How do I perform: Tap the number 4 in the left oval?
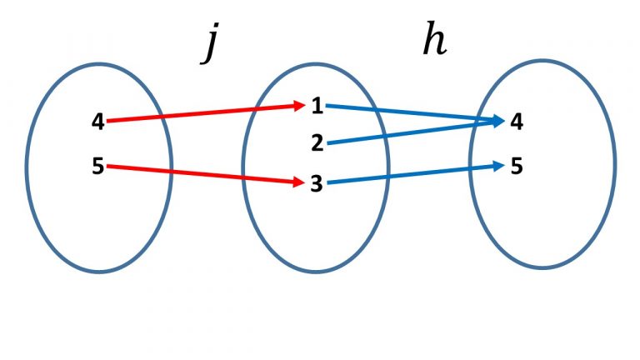(98, 122)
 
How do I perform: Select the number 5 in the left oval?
(98, 167)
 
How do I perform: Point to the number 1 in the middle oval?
(317, 105)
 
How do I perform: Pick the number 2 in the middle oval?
(317, 143)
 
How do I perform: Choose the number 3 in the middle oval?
(317, 183)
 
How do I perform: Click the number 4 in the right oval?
(517, 122)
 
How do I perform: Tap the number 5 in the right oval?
(517, 167)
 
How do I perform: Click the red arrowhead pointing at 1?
(301, 106)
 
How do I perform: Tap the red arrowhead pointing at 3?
(301, 182)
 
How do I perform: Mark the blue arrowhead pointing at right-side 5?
(499, 166)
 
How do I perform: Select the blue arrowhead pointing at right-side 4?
(499, 122)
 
